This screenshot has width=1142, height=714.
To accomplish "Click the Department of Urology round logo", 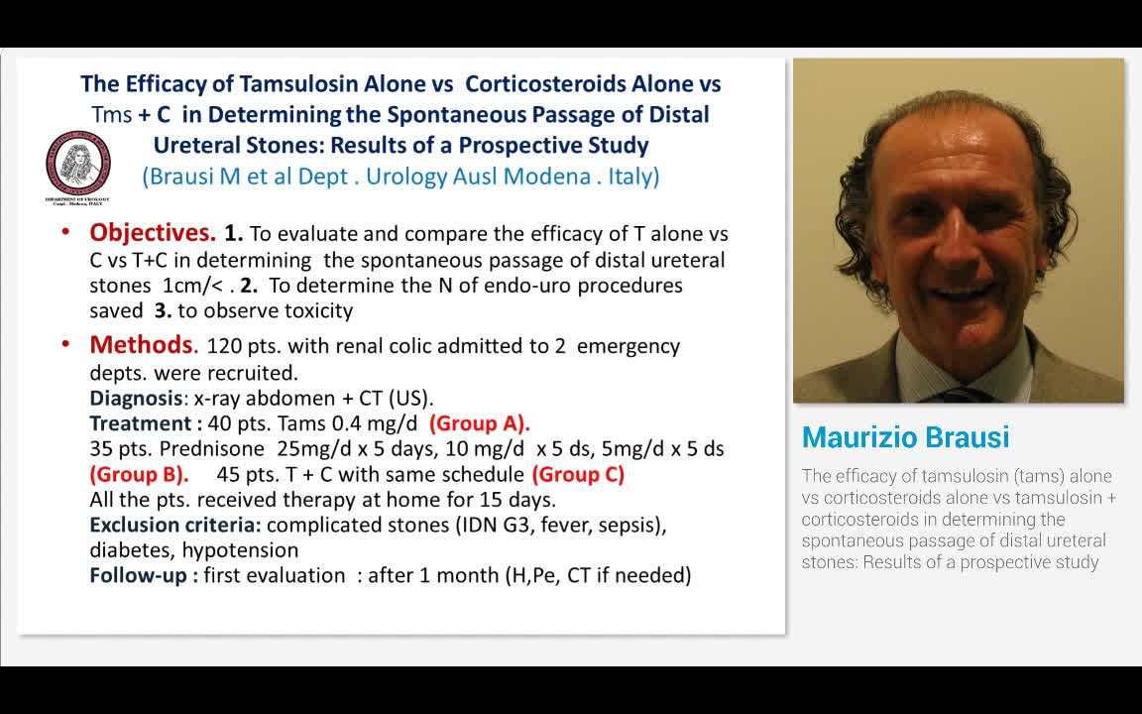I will tap(77, 165).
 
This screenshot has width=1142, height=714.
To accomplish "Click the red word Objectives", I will tap(153, 233).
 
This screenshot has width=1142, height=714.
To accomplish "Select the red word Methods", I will tap(143, 345).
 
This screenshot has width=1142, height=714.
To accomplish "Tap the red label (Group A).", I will tap(479, 423).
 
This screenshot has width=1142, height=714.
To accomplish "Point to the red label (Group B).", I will tap(139, 474).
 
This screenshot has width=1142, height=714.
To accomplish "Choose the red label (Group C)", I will tap(578, 474).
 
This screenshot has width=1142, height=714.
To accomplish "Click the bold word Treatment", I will tap(139, 423).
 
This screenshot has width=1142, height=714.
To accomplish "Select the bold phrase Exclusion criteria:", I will tap(175, 525).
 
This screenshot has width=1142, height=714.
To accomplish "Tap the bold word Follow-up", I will tap(138, 575).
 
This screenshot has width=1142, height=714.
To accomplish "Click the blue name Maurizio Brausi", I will tap(905, 437).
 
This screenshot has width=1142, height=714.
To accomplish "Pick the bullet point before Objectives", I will tap(65, 232).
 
